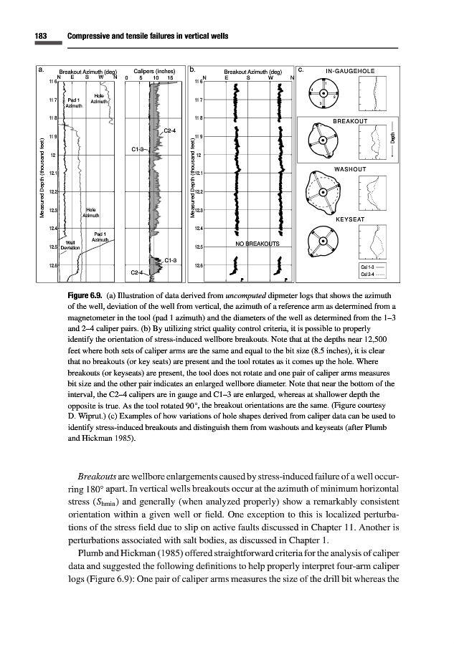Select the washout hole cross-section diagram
[x=322, y=192]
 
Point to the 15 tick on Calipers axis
[x=169, y=78]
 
